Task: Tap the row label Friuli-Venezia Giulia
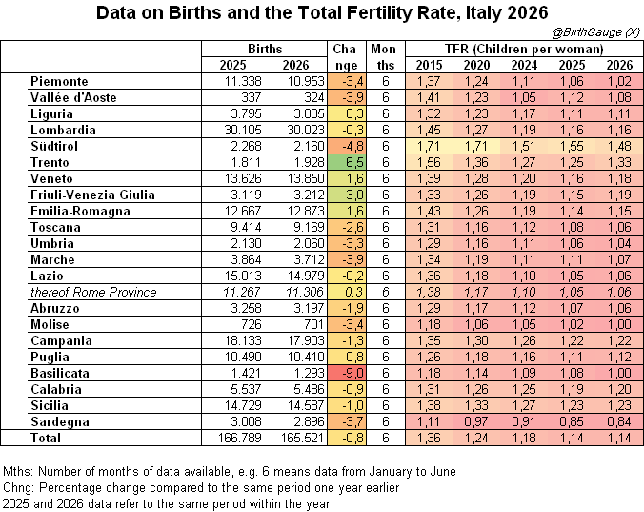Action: click(x=92, y=195)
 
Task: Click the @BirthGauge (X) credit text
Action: click(x=596, y=32)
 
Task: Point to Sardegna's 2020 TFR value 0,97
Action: click(x=476, y=421)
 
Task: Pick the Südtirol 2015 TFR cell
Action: click(x=429, y=146)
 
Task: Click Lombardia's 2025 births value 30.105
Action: click(x=243, y=130)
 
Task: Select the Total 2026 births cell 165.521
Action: click(x=302, y=438)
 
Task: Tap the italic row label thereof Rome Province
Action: click(x=93, y=292)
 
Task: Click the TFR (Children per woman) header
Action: click(x=524, y=50)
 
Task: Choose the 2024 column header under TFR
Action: click(x=524, y=65)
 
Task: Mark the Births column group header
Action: click(x=265, y=49)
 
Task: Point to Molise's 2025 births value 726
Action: click(x=251, y=324)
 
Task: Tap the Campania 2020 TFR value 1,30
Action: click(x=476, y=340)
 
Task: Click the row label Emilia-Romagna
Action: click(x=80, y=212)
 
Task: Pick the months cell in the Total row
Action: click(x=385, y=438)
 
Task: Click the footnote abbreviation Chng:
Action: click(x=19, y=488)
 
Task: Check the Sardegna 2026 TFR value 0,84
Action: click(x=619, y=421)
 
